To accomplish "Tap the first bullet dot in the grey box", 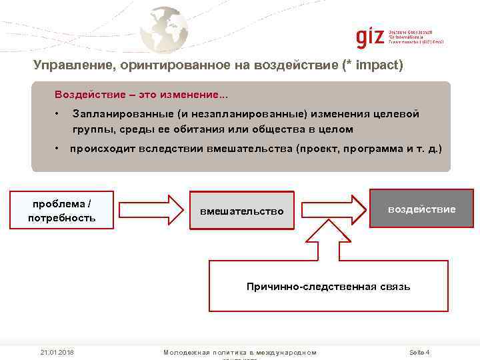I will coord(58,114).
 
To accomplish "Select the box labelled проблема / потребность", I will coord(62,210).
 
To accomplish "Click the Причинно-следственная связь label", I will coord(328,287).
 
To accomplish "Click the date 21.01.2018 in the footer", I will coord(57,352).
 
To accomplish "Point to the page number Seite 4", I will coord(419,352).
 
